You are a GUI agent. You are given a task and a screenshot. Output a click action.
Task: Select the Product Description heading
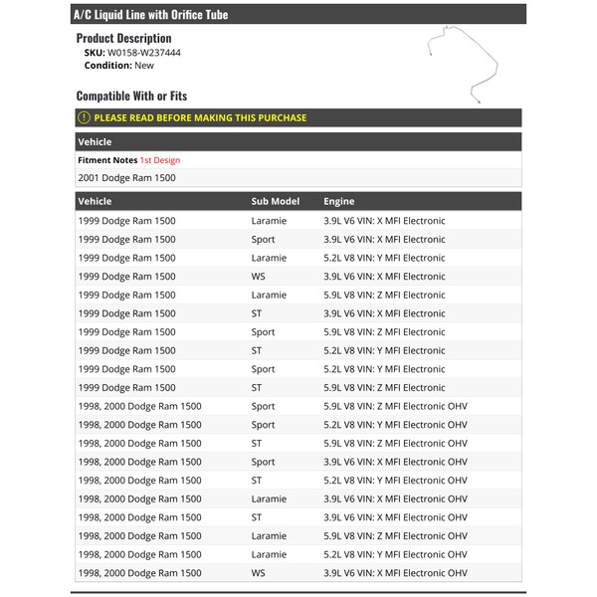123,38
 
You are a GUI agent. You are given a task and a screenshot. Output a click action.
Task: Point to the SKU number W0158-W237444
144,52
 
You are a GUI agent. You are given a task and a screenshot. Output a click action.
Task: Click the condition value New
143,65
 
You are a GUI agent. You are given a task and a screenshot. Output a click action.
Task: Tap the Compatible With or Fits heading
131,97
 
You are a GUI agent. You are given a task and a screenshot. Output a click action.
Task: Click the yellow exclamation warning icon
85,117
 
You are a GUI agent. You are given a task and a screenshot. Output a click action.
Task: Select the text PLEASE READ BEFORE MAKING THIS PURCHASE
200,117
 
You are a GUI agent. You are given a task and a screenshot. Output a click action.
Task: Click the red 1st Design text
160,159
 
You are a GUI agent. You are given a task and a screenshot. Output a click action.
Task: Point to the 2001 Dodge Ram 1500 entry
126,178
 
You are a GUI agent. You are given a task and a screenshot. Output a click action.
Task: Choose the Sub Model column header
275,201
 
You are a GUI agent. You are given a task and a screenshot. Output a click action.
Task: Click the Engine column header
338,201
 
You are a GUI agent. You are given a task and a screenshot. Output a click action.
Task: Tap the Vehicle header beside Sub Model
96,201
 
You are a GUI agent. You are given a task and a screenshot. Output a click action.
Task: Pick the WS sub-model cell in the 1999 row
258,277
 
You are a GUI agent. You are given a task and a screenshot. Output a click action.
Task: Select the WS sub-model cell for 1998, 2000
258,573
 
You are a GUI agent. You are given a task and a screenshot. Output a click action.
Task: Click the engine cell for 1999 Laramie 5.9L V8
384,295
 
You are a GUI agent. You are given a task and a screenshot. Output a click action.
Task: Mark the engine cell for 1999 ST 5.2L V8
384,350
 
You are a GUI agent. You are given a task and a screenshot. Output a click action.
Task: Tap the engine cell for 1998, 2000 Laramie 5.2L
395,554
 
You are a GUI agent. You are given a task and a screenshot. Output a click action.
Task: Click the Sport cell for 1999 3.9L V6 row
263,239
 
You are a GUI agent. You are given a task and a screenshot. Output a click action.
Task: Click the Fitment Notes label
107,159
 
